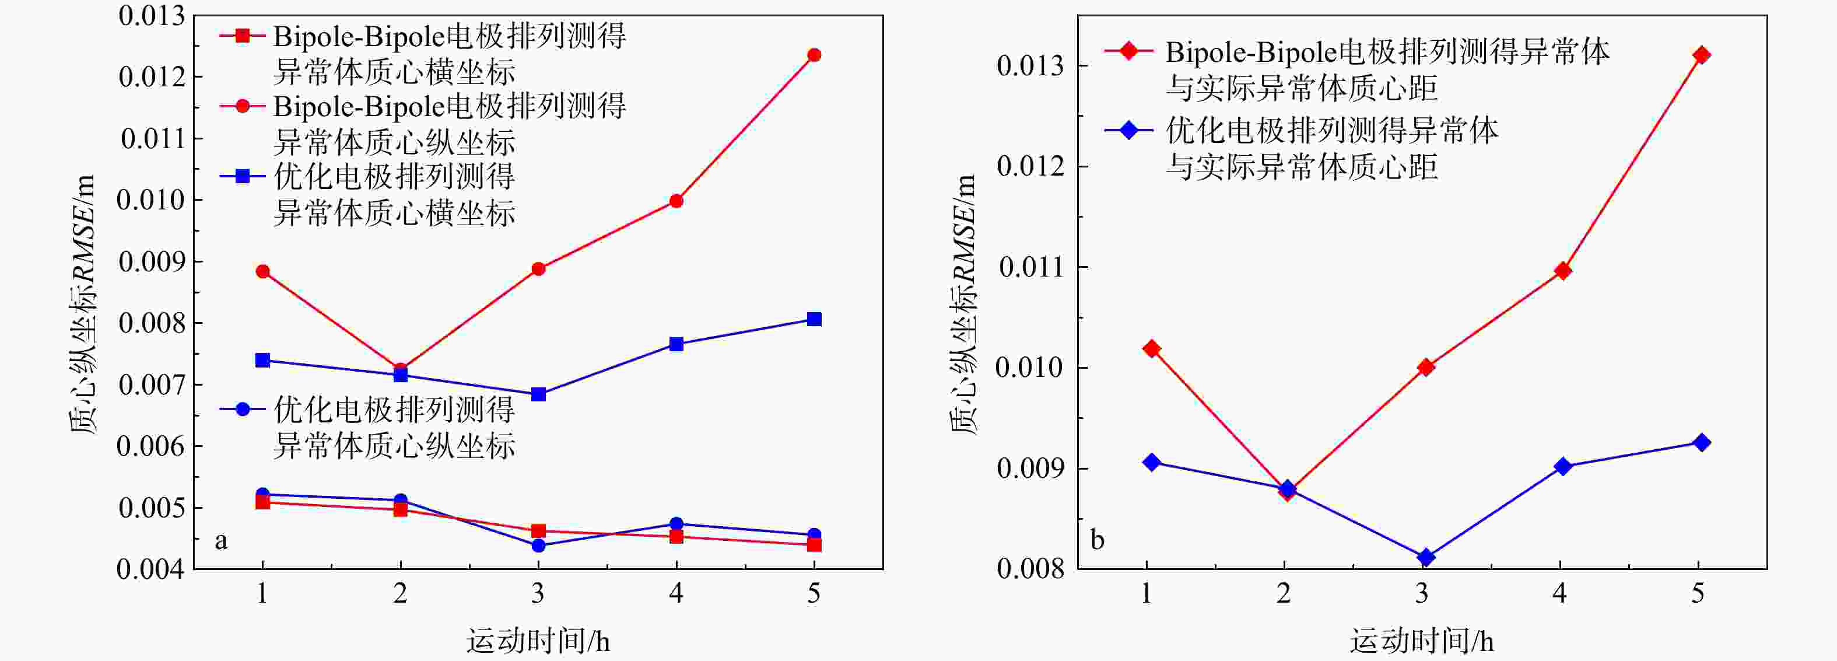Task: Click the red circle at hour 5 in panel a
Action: click(814, 55)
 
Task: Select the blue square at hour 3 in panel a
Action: click(538, 394)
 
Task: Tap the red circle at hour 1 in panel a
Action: click(262, 271)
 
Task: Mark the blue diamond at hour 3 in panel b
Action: click(1425, 557)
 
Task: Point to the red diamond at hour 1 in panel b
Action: click(1151, 349)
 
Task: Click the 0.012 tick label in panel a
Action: click(151, 77)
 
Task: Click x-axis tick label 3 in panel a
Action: click(538, 593)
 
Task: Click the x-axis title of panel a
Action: click(538, 641)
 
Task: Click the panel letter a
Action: click(221, 540)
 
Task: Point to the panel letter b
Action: click(1098, 540)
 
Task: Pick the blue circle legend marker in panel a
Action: click(243, 410)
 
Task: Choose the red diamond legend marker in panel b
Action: click(1129, 51)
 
